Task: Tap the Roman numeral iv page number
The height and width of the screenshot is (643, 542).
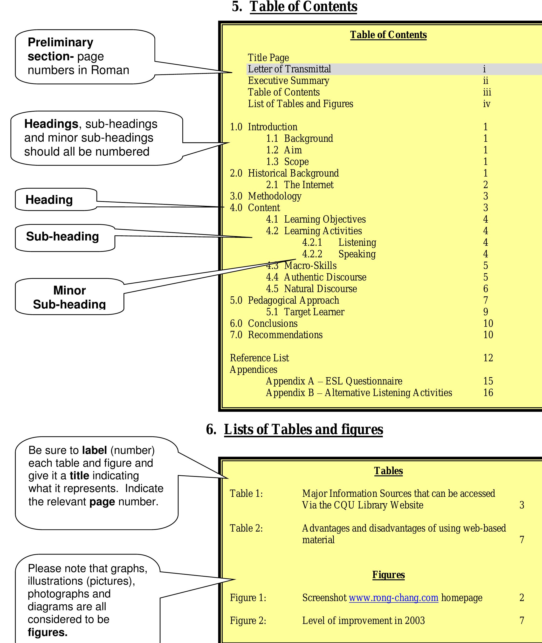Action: click(486, 104)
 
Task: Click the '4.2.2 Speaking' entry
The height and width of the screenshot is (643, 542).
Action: click(339, 254)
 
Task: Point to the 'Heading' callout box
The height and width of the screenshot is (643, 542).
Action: click(49, 200)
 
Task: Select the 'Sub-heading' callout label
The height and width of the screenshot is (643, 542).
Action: click(62, 237)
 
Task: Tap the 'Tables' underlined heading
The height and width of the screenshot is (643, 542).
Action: click(388, 471)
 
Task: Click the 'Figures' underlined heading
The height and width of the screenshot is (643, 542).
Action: click(388, 575)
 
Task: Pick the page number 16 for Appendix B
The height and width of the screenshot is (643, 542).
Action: click(488, 393)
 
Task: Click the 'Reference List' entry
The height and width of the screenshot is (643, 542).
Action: click(259, 358)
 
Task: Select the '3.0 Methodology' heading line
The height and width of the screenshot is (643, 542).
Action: click(266, 196)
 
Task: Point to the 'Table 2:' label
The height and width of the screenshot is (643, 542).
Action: click(246, 528)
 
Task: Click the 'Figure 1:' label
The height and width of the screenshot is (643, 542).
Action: click(248, 597)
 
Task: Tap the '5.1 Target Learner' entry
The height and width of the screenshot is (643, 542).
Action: click(305, 312)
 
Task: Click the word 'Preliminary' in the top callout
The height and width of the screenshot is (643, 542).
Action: click(61, 42)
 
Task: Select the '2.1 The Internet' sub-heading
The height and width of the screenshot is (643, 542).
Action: click(300, 185)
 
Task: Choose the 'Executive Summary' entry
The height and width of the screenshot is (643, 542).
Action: click(288, 81)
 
